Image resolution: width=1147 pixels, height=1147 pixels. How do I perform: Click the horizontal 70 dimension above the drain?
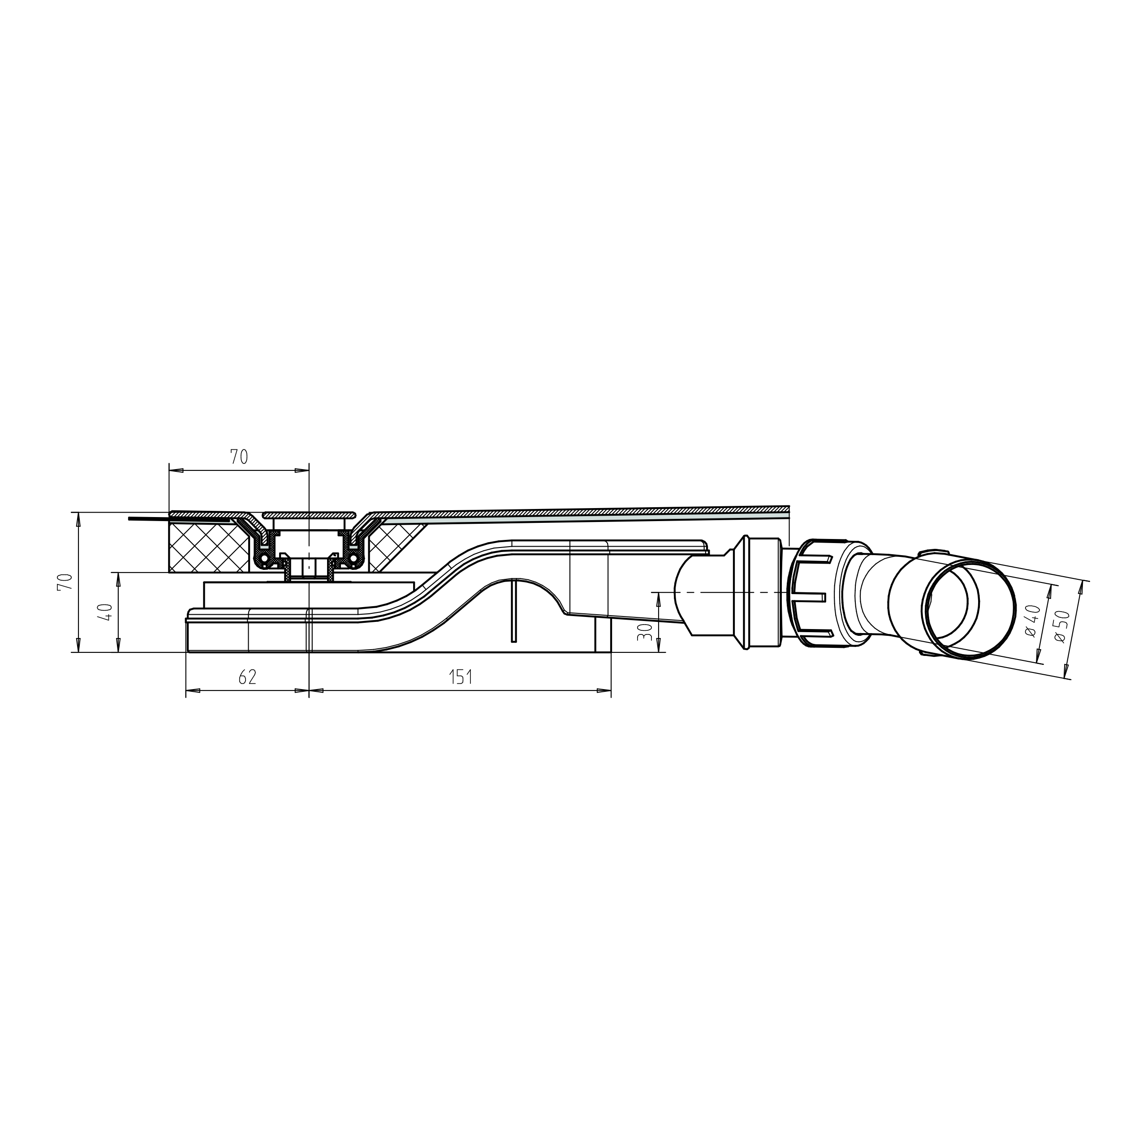(239, 457)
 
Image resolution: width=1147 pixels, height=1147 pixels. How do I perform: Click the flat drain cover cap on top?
(309, 514)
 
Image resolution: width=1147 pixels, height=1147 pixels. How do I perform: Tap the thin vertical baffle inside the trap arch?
(513, 612)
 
